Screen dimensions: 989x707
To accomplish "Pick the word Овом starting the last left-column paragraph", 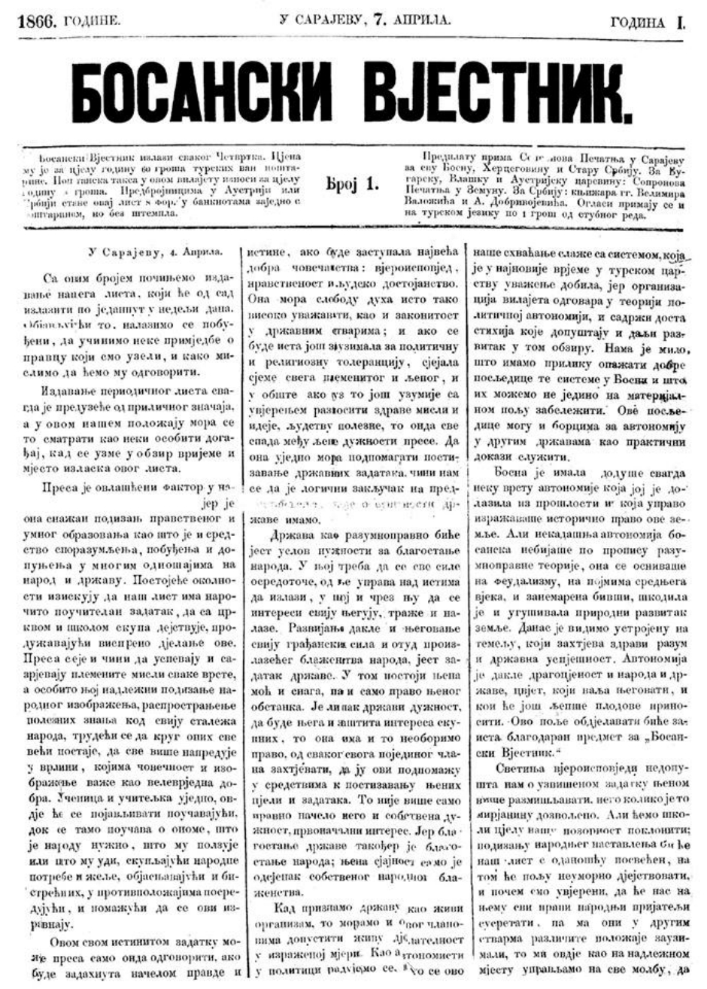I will (62, 942).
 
